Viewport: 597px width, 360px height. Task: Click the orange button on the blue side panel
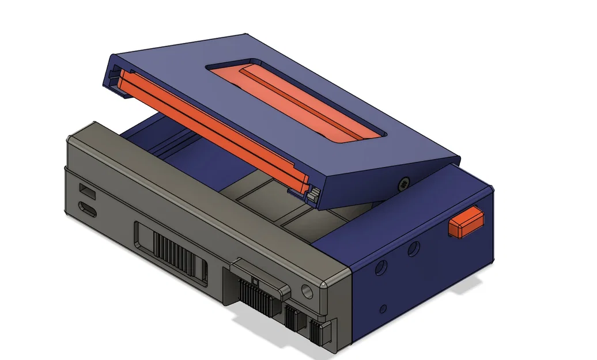coord(465,223)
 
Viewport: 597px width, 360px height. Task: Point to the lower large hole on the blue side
coord(380,268)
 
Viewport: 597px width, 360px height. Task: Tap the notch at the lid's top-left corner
coord(114,73)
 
